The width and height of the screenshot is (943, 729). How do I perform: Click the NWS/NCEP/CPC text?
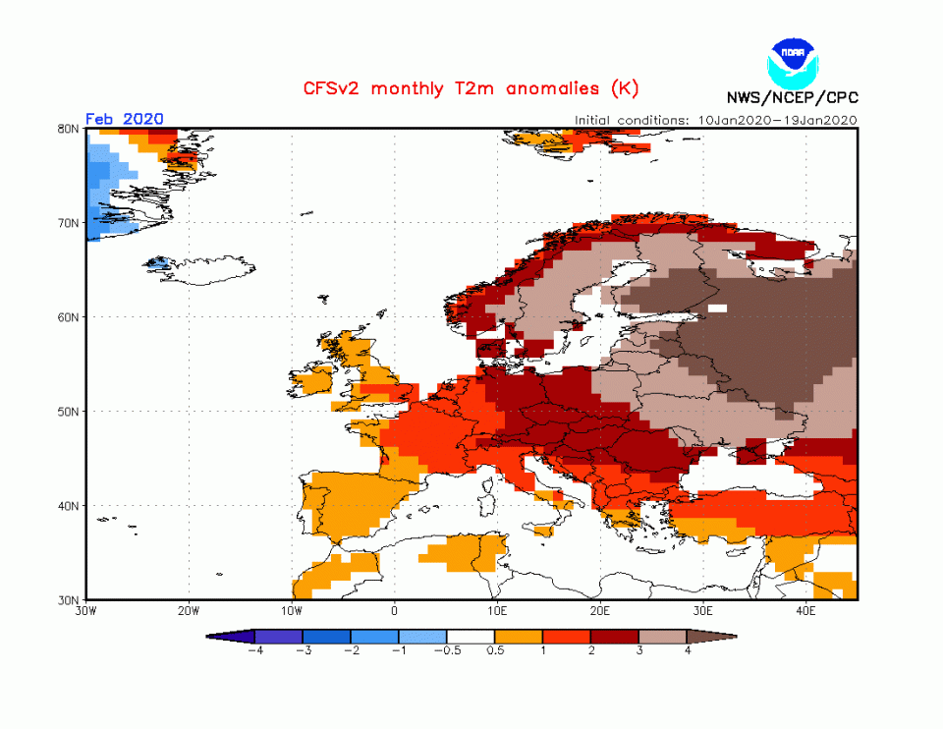(x=792, y=97)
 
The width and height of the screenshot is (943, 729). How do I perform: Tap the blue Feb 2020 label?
(x=125, y=119)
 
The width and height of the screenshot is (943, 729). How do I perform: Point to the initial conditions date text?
(x=716, y=120)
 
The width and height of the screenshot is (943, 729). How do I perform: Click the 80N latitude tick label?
(x=69, y=129)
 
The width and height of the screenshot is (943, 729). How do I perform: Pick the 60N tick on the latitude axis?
(x=69, y=317)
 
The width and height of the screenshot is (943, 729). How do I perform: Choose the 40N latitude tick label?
(x=69, y=506)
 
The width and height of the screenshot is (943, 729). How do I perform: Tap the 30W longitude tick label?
(x=85, y=610)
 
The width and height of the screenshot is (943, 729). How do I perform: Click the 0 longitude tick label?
(x=395, y=610)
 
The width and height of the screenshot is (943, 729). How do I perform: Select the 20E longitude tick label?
(x=601, y=610)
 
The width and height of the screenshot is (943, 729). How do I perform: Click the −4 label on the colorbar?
(x=254, y=650)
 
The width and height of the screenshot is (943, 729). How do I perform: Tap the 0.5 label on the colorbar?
(x=495, y=650)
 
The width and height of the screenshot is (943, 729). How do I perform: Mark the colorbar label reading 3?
(x=639, y=650)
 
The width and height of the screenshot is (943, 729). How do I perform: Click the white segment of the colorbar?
(x=471, y=637)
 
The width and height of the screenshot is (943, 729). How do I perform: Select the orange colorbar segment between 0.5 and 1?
(x=519, y=637)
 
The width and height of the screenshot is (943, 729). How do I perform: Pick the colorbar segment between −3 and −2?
(x=326, y=637)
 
